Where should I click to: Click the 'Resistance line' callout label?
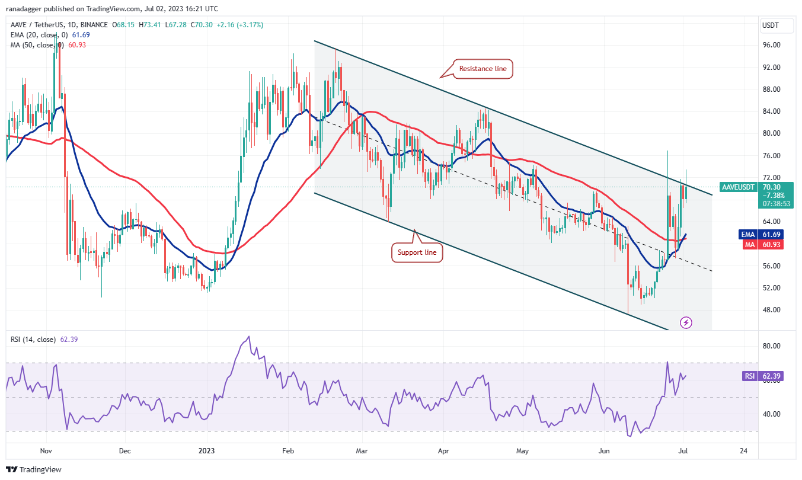(483, 69)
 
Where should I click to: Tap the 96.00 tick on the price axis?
(771, 45)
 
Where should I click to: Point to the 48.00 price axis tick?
(771, 310)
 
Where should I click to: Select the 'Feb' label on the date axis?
(287, 451)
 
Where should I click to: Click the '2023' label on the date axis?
(206, 451)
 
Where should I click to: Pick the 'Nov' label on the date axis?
(46, 451)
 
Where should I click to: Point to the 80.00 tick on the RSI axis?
(771, 346)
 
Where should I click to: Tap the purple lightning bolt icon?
(686, 322)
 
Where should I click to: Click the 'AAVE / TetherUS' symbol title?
(37, 25)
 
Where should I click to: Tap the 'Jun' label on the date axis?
(603, 451)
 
